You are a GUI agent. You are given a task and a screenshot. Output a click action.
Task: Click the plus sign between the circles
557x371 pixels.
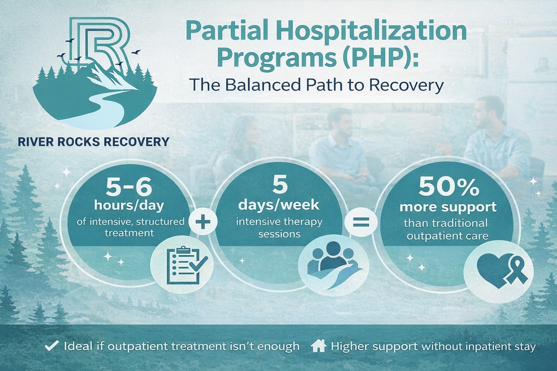(x=203, y=222)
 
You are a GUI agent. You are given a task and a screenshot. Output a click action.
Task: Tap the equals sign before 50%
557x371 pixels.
(x=361, y=222)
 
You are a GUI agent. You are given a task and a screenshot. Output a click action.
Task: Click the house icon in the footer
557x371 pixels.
(x=318, y=346)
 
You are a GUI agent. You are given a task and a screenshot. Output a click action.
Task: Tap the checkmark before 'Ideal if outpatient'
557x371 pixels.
(x=51, y=346)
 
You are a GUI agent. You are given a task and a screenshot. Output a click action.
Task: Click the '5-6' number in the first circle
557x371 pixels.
(x=129, y=188)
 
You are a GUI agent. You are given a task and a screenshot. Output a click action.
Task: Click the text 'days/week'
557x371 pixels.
(x=279, y=205)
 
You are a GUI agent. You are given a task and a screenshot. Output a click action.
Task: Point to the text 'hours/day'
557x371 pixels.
(x=129, y=205)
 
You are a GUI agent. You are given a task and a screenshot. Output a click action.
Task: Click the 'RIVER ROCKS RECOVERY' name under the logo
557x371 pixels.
(x=93, y=141)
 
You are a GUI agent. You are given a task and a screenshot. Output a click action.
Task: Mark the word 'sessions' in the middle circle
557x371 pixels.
(x=279, y=234)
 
